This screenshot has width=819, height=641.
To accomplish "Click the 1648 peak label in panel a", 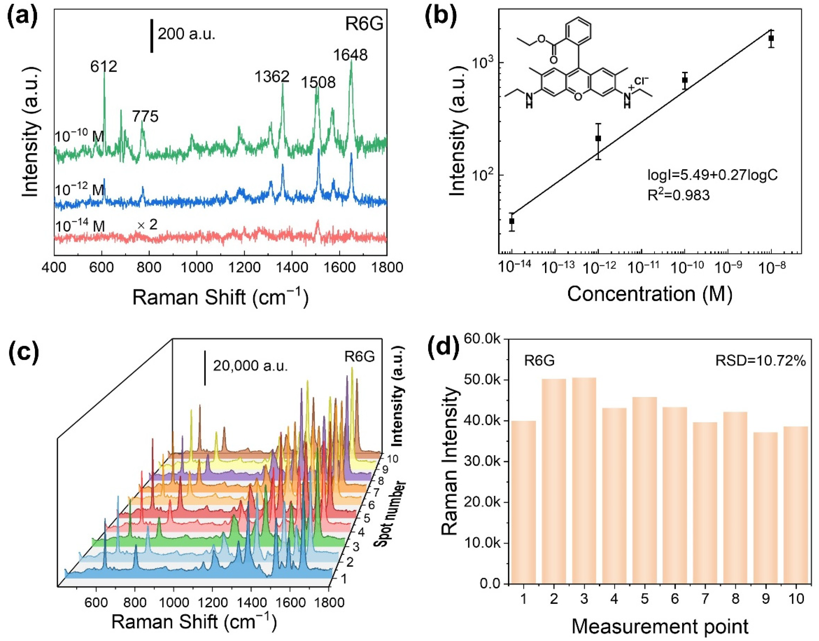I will pos(350,55).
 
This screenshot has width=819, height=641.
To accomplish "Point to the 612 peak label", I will pos(103,67).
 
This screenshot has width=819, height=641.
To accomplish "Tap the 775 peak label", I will pos(145,116).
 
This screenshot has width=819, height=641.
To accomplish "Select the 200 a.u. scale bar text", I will pos(186,34).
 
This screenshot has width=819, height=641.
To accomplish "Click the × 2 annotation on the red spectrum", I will pos(147,225).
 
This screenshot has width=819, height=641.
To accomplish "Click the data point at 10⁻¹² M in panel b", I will pos(598,138).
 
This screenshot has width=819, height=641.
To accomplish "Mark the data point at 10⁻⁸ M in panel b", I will pos(771,38).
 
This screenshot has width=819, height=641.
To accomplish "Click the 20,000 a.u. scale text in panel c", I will pos(250,366).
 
